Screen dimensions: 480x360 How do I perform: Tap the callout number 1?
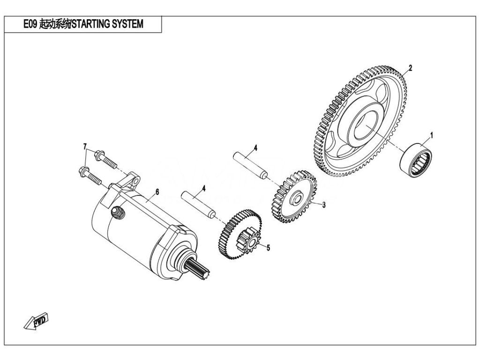click(x=432, y=135)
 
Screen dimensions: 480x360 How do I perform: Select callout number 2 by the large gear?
click(x=411, y=67)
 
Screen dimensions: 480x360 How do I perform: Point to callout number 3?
click(x=324, y=205)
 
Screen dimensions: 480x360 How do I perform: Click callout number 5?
click(x=269, y=247)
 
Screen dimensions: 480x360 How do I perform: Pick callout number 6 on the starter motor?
click(x=157, y=192)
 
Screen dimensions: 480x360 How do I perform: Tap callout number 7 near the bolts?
click(x=85, y=146)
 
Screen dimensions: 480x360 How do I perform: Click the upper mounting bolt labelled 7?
click(x=106, y=160)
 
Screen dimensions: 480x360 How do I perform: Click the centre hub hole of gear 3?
click(x=296, y=198)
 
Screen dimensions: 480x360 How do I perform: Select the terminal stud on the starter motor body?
click(x=118, y=212)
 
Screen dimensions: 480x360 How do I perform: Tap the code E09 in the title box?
click(x=30, y=24)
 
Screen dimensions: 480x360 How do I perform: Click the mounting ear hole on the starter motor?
click(x=135, y=181)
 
